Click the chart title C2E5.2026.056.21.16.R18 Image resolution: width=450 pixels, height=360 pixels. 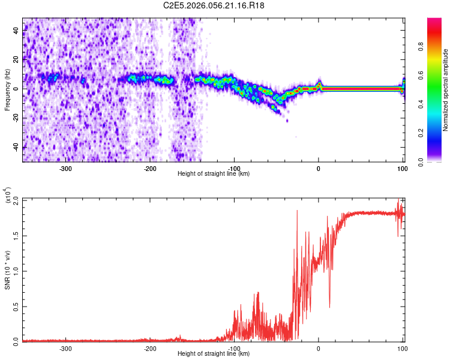[x=214, y=5]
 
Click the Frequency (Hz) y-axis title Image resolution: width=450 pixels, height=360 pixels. [x=7, y=89]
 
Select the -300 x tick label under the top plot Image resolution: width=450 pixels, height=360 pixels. [x=65, y=168]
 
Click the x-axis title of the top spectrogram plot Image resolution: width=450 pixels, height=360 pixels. [x=214, y=173]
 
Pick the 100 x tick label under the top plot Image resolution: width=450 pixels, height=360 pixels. [x=402, y=168]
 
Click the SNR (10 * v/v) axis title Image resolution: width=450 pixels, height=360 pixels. [x=7, y=270]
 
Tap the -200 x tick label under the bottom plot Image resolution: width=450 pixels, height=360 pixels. [x=150, y=348]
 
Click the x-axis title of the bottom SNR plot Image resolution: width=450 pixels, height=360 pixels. [x=214, y=353]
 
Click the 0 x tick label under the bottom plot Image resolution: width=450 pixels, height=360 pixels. [x=319, y=348]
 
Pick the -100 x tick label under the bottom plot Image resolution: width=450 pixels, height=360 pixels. [x=234, y=348]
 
